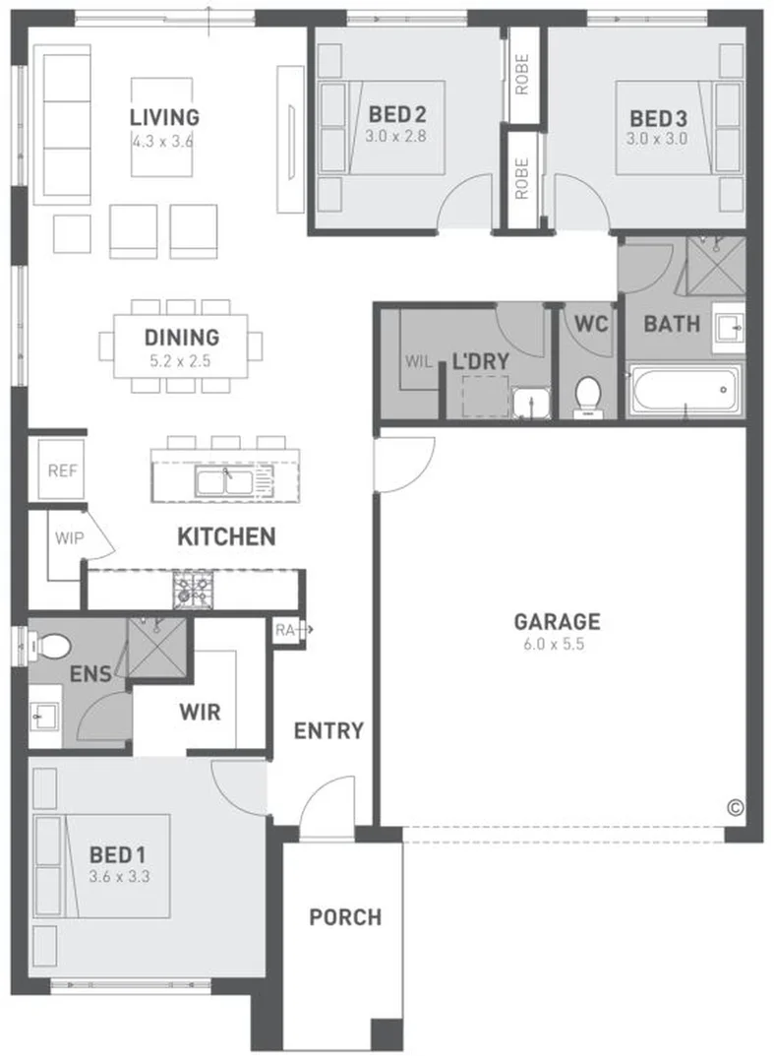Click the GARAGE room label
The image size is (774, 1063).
tap(557, 622)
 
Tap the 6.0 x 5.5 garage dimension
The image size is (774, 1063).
tap(554, 644)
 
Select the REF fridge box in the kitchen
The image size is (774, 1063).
tap(62, 470)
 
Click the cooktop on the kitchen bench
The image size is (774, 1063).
tap(193, 589)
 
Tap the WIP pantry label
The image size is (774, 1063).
tap(69, 538)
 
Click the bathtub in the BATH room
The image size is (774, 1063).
tap(685, 391)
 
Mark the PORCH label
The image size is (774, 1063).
tap(345, 917)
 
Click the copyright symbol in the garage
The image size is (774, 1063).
tap(735, 808)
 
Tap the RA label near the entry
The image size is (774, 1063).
tap(284, 630)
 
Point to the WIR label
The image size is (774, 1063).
tap(200, 712)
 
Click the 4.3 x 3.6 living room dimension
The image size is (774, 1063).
tap(163, 142)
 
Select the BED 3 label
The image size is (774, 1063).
tap(658, 118)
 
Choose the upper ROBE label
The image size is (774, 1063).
tap(521, 74)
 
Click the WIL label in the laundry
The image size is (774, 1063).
tap(419, 361)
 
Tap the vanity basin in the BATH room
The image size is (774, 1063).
tap(728, 329)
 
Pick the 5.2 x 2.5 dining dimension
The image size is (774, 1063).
tap(180, 360)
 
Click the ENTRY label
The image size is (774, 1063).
tap(328, 730)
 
